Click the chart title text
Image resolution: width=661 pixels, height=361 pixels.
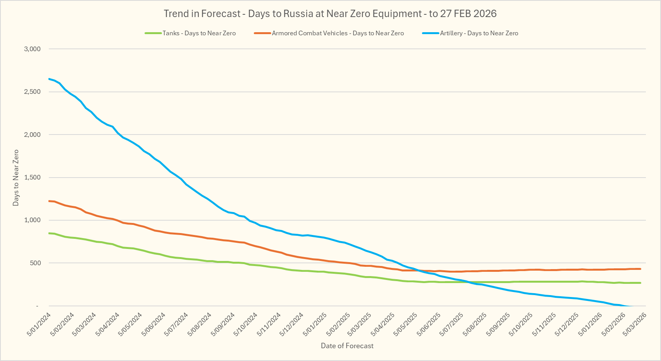coord(330,14)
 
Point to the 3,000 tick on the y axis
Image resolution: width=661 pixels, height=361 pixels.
coord(32,49)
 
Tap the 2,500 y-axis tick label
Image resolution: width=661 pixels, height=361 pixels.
coord(32,92)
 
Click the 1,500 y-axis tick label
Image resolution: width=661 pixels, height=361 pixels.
coord(32,178)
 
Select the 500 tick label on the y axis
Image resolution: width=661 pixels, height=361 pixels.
coord(35,263)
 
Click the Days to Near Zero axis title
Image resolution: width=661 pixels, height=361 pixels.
coord(16,178)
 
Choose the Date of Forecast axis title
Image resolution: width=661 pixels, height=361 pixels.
coord(347,346)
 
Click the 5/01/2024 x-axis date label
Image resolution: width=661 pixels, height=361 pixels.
coord(39,325)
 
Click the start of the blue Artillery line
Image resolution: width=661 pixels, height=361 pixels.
coord(49,79)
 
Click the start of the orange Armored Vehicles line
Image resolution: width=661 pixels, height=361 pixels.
coord(49,201)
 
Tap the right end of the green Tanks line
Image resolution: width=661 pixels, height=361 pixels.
coord(640,283)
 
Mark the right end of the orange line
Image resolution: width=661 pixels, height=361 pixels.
coord(640,269)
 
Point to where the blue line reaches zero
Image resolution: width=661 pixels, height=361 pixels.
coord(630,306)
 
